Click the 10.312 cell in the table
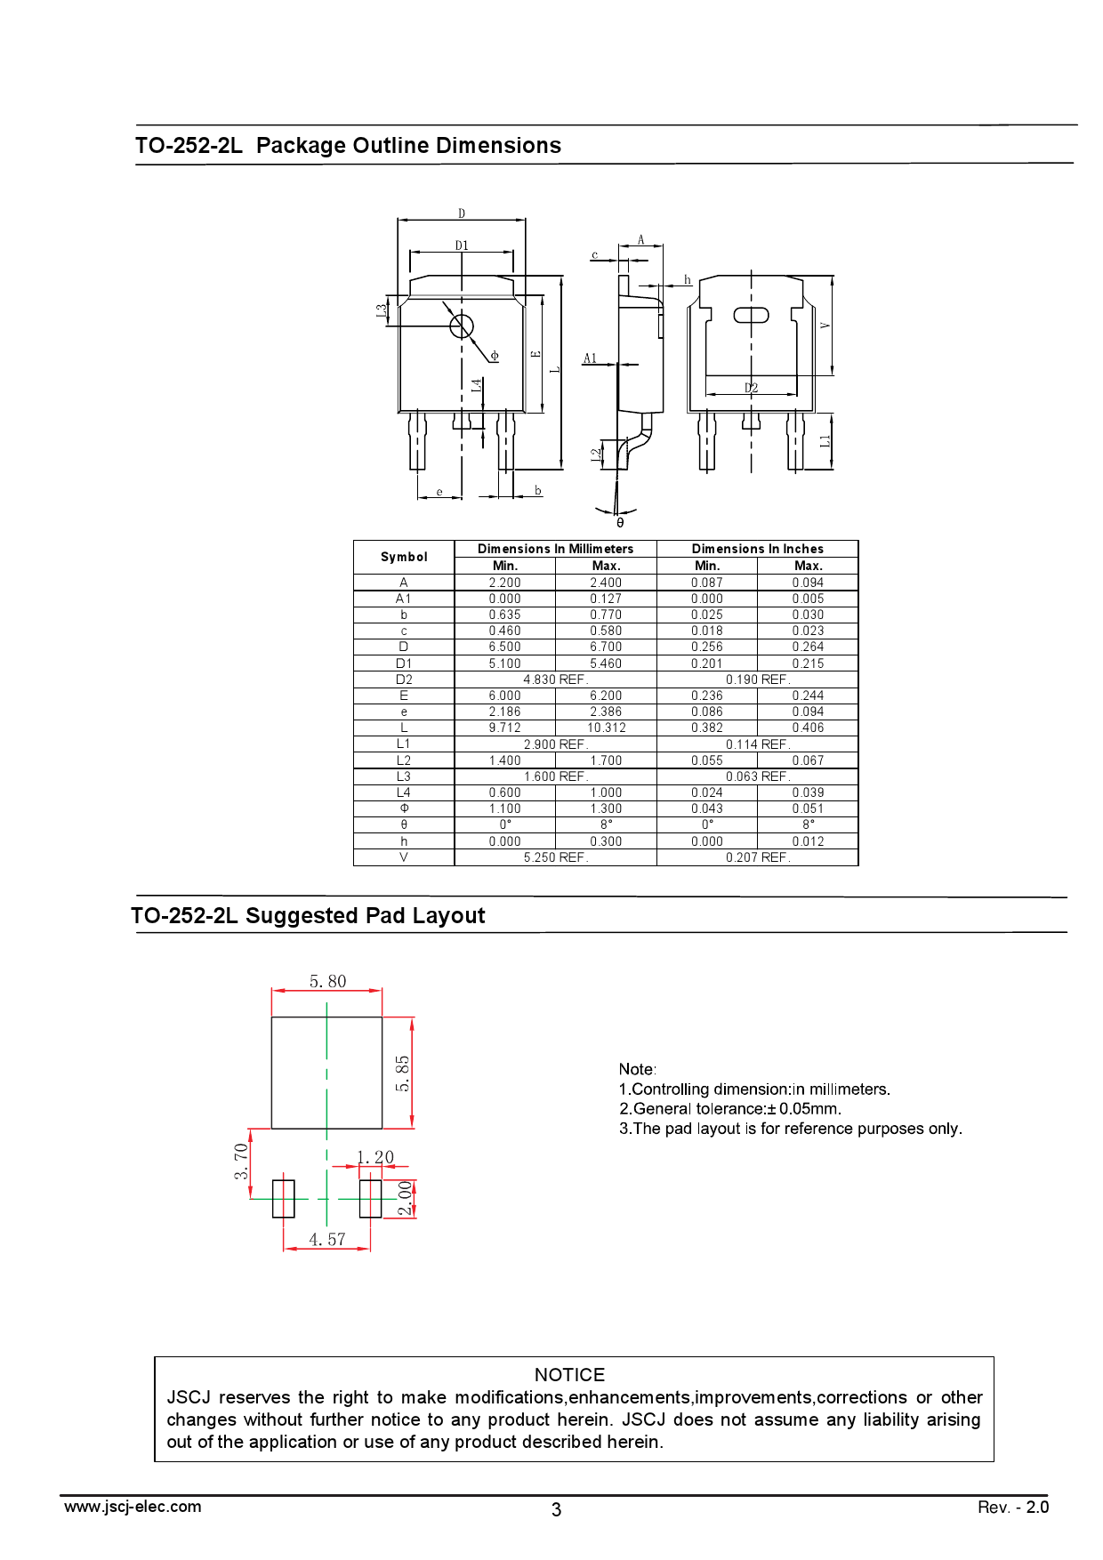[x=606, y=728]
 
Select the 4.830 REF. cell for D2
[x=556, y=679]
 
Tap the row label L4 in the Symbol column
[x=404, y=792]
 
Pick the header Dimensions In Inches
[x=758, y=549]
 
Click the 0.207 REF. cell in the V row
[x=758, y=857]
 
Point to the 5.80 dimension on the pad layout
[x=327, y=981]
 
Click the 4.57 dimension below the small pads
[x=326, y=1239]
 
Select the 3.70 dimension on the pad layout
[x=241, y=1162]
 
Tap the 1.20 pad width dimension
[x=375, y=1157]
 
